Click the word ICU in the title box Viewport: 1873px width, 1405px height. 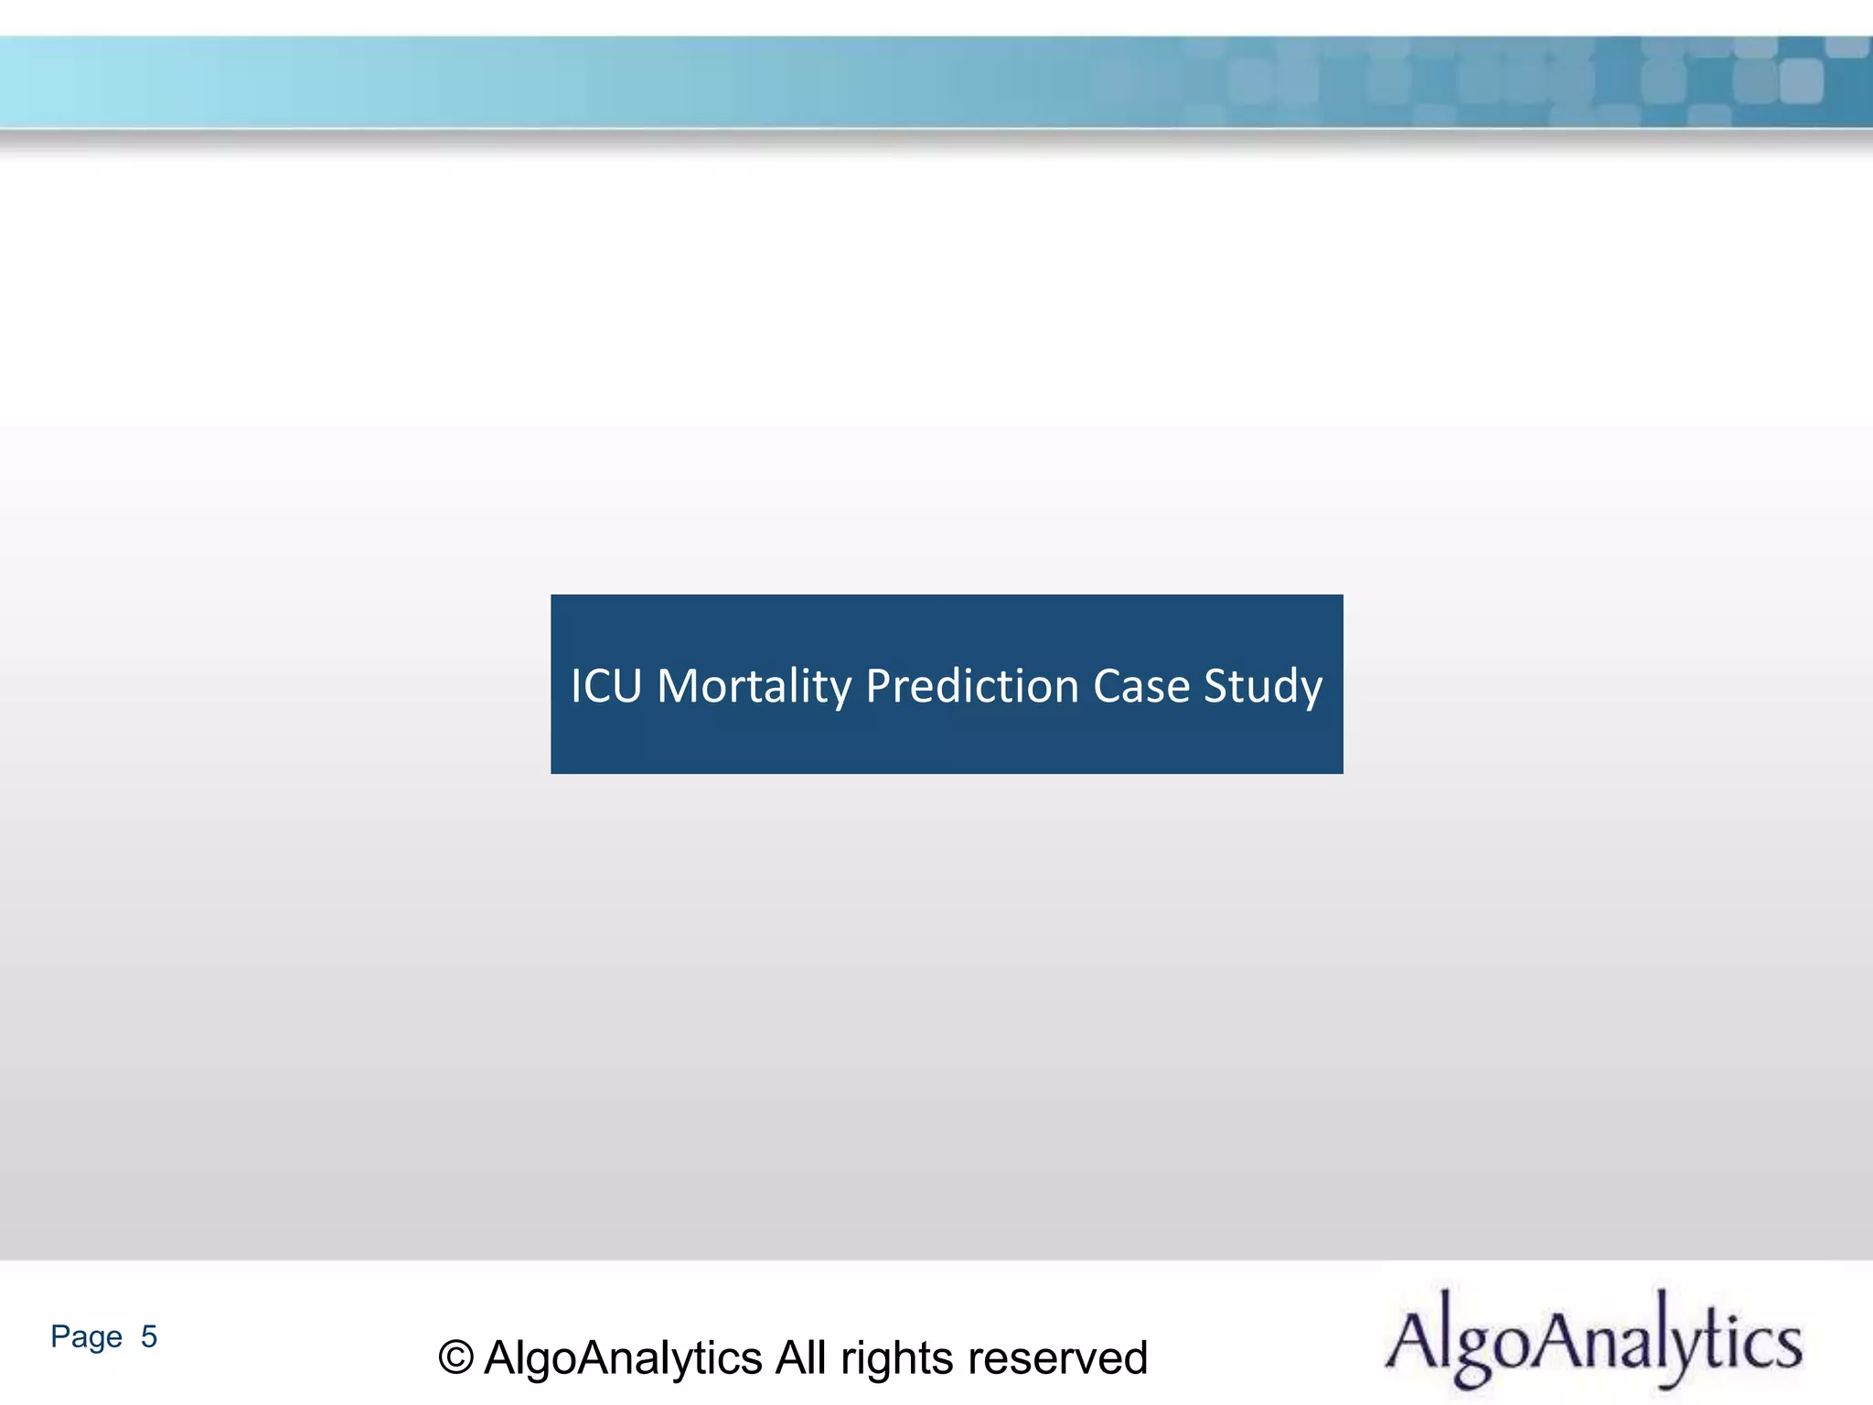pyautogui.click(x=605, y=686)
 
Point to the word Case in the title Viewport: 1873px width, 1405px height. pyautogui.click(x=1141, y=686)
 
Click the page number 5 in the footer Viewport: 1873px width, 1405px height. pyautogui.click(x=149, y=1336)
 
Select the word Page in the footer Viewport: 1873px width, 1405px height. pyautogui.click(x=86, y=1337)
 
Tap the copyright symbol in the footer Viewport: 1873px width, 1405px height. pyautogui.click(x=455, y=1357)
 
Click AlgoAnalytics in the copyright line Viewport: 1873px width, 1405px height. pyautogui.click(x=623, y=1357)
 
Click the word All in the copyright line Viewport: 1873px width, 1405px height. pyautogui.click(x=801, y=1357)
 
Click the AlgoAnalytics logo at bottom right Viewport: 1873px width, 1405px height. pyautogui.click(x=1593, y=1341)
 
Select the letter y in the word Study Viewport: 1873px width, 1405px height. pyautogui.click(x=1309, y=692)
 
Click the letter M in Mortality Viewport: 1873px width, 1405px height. pyautogui.click(x=678, y=686)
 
